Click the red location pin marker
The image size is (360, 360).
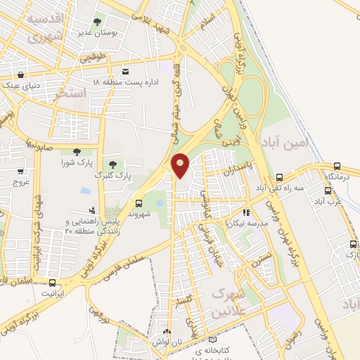pos(181,165)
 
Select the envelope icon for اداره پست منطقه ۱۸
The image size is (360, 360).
pos(126,71)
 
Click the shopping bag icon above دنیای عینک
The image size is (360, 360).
pos(21,75)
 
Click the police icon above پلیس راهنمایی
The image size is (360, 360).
pos(91,210)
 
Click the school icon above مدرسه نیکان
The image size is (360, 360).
pos(245,211)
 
